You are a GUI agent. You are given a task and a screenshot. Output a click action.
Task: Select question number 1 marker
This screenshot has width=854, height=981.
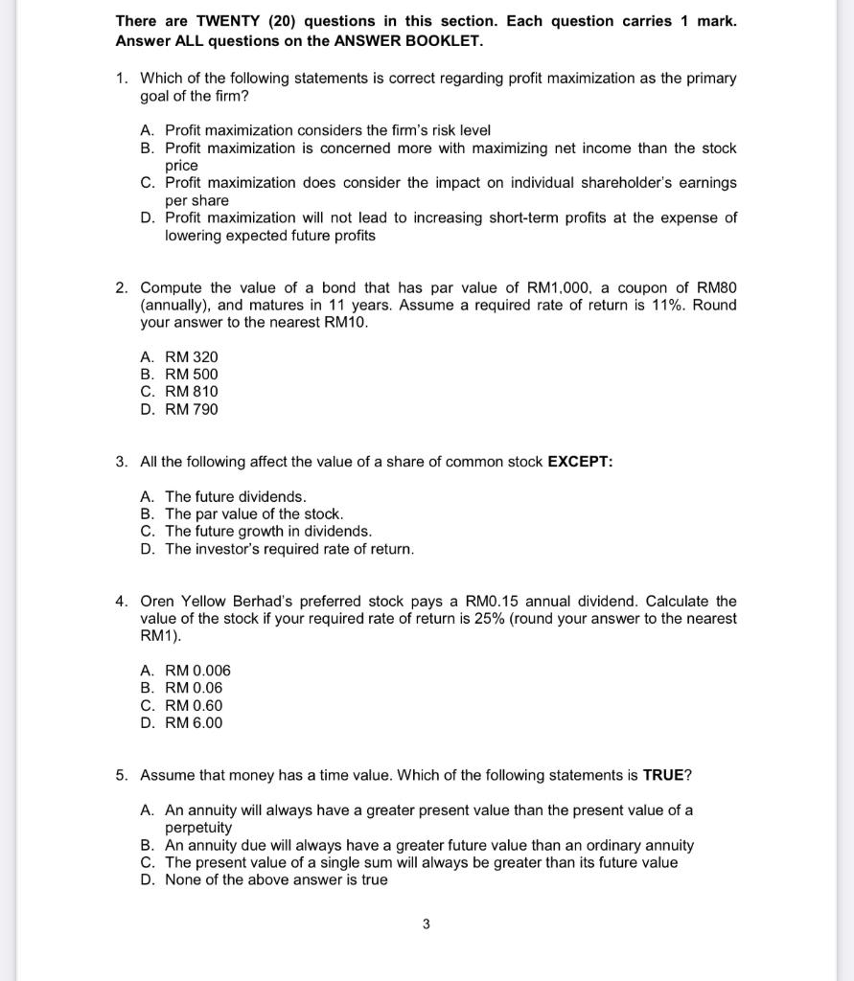click(x=122, y=79)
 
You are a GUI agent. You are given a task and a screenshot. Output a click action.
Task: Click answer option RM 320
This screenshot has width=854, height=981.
click(x=192, y=356)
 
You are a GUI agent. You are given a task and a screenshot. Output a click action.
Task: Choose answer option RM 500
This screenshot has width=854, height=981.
click(x=192, y=375)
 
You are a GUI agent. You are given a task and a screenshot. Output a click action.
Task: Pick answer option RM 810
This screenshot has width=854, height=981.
click(x=192, y=392)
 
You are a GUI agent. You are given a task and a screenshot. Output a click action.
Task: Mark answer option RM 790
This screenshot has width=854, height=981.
click(x=192, y=409)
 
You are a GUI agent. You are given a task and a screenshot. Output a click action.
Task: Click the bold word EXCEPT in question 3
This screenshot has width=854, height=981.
click(x=579, y=462)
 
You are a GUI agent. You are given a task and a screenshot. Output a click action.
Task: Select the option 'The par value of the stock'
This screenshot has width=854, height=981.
click(x=254, y=514)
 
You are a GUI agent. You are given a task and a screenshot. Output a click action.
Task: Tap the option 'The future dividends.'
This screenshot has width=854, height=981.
click(x=236, y=496)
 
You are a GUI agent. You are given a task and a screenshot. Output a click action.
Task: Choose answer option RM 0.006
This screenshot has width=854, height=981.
click(x=197, y=671)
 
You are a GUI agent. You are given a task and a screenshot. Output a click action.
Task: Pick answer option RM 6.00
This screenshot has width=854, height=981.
click(x=194, y=723)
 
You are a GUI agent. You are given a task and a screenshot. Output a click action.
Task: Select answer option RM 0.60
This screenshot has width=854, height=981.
click(x=194, y=706)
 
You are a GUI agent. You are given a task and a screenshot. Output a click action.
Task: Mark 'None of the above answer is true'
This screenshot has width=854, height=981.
click(x=276, y=880)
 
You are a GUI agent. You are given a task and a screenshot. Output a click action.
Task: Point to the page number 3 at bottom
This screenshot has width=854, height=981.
click(x=427, y=924)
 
